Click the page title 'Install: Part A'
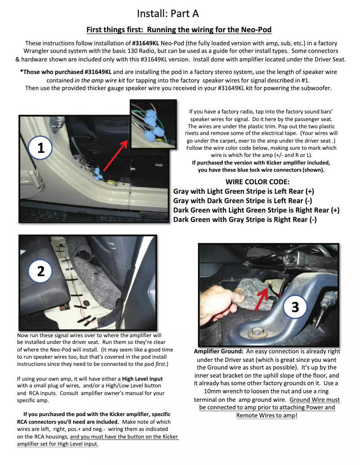167,13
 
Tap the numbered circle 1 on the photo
41,148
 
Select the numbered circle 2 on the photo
41,271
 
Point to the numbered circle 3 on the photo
295,307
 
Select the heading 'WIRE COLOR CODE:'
257,182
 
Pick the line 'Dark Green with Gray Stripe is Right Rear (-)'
245,220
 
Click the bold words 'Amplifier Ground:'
219,352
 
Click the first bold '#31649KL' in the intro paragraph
146,43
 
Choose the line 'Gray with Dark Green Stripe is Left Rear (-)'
243,200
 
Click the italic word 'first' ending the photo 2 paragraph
159,364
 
